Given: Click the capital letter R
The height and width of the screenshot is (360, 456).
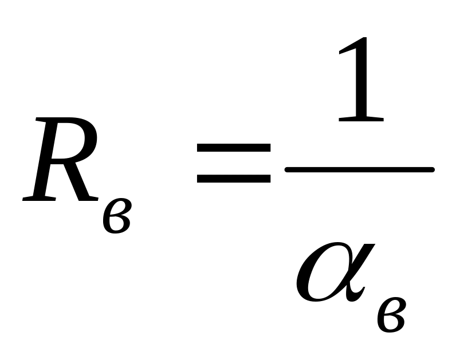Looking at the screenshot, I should [60, 160].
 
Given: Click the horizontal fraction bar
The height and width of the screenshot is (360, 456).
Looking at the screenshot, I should [360, 169].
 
